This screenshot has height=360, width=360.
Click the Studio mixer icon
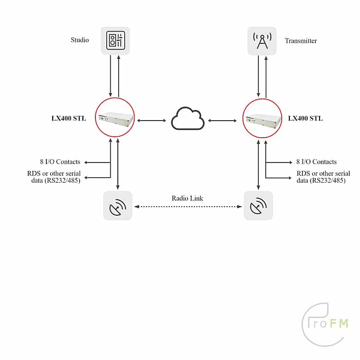point(115,40)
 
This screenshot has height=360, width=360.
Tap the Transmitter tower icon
point(262,41)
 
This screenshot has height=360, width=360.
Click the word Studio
point(80,40)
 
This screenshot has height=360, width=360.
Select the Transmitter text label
point(301,41)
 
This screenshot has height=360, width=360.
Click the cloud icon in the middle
point(188,118)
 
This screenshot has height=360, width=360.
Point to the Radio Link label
point(187,198)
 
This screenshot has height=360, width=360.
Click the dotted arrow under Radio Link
point(188,207)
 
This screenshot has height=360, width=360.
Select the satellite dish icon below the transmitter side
point(258,206)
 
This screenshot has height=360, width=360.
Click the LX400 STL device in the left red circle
point(116,118)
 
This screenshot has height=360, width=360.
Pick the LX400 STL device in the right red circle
point(263,119)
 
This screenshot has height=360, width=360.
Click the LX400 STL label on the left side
point(69,118)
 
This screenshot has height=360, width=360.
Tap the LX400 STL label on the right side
point(306,118)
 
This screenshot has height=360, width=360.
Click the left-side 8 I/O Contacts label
point(60,162)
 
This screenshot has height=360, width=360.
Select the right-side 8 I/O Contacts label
point(316,162)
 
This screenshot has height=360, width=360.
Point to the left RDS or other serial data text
point(54,177)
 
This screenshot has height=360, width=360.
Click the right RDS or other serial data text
point(323,177)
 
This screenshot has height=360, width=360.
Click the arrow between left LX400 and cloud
point(152,121)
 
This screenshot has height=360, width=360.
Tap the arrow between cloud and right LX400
point(222,121)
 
